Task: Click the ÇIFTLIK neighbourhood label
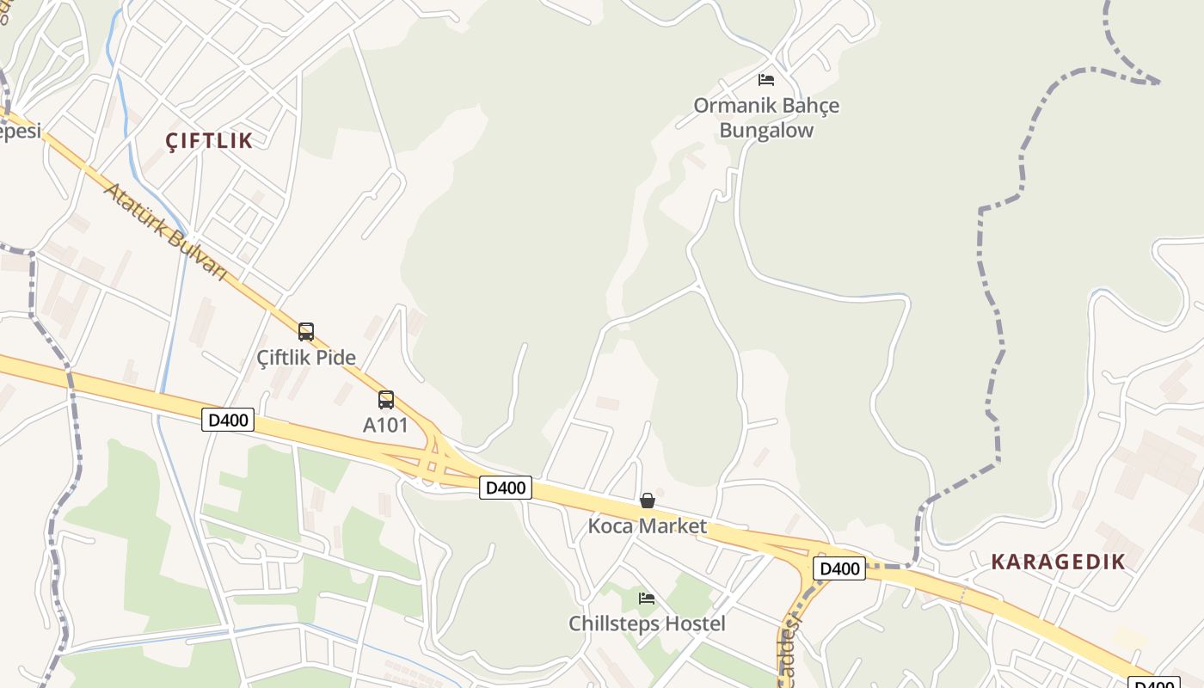click(x=209, y=140)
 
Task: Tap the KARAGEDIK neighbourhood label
click(x=1058, y=562)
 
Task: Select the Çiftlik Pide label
click(x=306, y=356)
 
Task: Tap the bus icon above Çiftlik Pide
click(x=306, y=331)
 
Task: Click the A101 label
click(x=385, y=424)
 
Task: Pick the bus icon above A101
click(x=386, y=399)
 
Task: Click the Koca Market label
click(x=647, y=525)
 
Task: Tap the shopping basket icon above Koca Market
click(x=648, y=501)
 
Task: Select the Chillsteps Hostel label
click(x=647, y=623)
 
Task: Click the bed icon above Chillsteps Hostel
click(x=647, y=598)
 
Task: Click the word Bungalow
click(x=766, y=131)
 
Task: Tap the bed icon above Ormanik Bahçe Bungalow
click(x=766, y=80)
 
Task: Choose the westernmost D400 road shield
click(x=228, y=420)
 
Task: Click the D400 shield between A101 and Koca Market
click(x=505, y=488)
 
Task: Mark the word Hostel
click(x=694, y=623)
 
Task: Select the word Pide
click(x=337, y=356)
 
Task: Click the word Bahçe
click(x=810, y=106)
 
